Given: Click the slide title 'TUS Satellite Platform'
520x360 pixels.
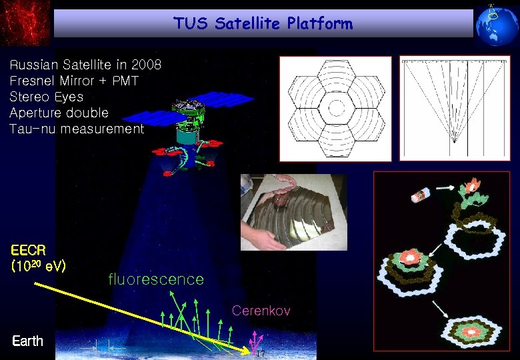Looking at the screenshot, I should (x=263, y=24).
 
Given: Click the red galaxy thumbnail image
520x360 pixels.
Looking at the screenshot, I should (x=25, y=23).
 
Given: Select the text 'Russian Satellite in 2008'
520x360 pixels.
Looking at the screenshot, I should (x=85, y=65).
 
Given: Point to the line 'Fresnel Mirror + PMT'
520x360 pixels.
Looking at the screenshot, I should (x=74, y=81).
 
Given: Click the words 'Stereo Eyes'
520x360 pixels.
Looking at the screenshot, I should (x=47, y=97).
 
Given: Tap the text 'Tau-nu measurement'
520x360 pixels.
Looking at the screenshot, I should (x=77, y=129).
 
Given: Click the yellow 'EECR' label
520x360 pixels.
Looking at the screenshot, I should (x=29, y=251).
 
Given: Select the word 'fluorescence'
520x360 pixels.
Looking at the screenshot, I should (x=156, y=279).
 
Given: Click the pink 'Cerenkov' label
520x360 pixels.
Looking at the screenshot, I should (x=261, y=311).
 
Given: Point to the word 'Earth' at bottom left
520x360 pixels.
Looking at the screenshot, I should (x=27, y=341).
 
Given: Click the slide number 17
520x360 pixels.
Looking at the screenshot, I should (x=261, y=354).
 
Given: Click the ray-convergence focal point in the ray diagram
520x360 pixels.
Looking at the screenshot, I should (x=454, y=141).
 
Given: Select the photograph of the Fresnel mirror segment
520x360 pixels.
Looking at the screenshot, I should (x=293, y=212).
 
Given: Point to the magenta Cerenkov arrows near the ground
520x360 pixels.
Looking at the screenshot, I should (x=253, y=341).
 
